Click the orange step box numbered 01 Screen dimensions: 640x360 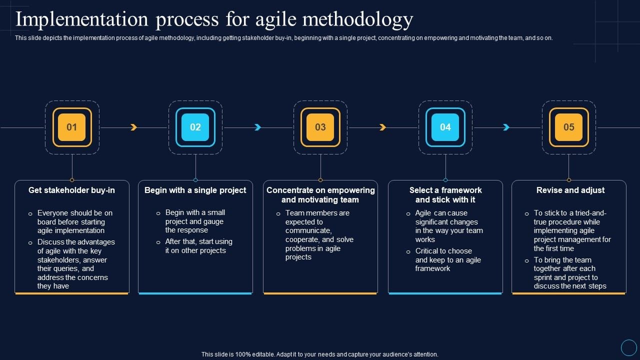[72, 127]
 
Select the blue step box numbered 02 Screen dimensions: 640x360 [195, 127]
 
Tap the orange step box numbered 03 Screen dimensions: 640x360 [320, 127]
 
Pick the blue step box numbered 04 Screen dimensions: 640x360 [445, 127]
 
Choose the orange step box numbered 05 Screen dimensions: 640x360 [569, 127]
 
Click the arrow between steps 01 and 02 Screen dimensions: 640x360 [133, 127]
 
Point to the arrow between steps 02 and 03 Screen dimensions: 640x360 [258, 127]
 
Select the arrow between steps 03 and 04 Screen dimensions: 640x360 [382, 127]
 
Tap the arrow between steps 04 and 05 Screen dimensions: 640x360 [506, 127]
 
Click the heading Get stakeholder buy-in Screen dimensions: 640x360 [71, 190]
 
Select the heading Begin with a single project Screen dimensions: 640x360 [195, 190]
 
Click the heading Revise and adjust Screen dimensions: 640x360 [570, 190]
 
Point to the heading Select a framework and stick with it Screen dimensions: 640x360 [445, 194]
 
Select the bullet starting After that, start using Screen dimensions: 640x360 [198, 246]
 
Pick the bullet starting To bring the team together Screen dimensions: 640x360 [569, 273]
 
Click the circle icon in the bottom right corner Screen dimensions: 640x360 [628, 347]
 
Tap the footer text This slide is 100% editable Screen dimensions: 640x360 [320, 354]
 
